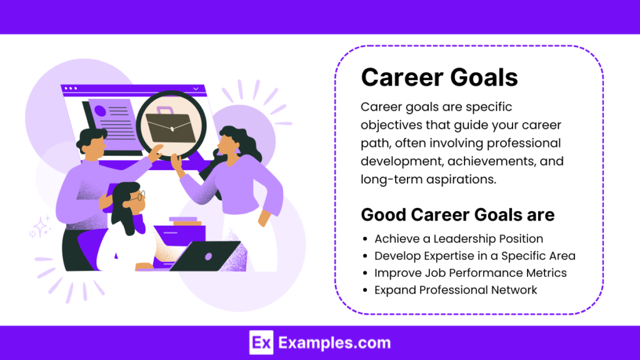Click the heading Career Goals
(x=439, y=77)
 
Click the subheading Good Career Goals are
(x=457, y=215)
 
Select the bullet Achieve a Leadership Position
(x=459, y=239)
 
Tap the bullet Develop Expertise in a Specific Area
(x=475, y=256)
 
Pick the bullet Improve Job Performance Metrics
(x=471, y=272)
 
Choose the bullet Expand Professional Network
(x=456, y=290)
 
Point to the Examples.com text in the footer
(x=334, y=342)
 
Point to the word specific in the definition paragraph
(x=487, y=107)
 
